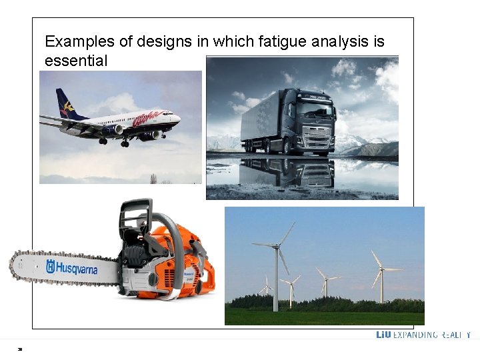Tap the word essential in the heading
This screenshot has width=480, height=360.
point(75,61)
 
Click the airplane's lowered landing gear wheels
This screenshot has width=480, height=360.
point(125,143)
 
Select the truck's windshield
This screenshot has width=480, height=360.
point(313,109)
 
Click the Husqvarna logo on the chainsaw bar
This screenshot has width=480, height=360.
point(71,268)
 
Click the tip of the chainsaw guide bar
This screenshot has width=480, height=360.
point(13,265)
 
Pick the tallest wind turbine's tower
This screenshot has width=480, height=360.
point(276,280)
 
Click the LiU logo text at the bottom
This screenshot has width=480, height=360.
point(383,335)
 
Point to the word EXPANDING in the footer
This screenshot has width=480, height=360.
point(416,335)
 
